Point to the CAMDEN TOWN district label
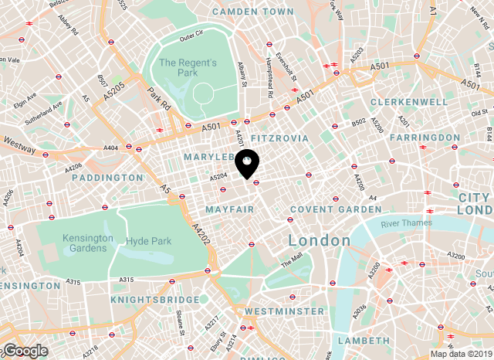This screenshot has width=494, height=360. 252,12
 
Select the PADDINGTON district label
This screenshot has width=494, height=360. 107,178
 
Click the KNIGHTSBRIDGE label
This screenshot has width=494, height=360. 147,299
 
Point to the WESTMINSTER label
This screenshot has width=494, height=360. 284,311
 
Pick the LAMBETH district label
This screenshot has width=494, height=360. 364,340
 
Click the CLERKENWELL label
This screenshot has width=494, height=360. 408,102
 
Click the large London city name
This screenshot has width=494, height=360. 319,240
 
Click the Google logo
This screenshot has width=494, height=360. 25,351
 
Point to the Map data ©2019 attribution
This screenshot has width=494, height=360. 461,354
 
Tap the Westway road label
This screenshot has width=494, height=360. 19,142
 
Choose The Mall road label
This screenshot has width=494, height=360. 292,262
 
